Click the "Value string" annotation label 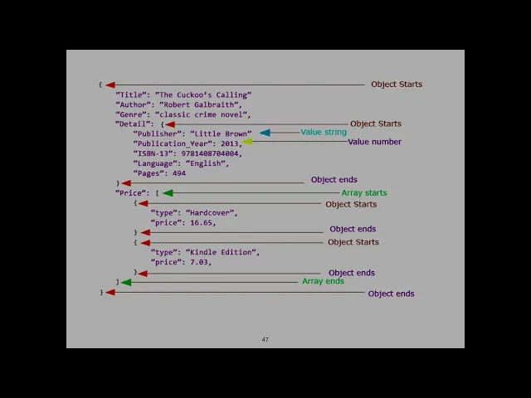(324, 133)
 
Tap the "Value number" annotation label (374, 142)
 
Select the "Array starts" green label (364, 193)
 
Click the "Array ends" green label (323, 282)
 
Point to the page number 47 (265, 340)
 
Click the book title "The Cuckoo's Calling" (203, 95)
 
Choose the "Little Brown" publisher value (221, 133)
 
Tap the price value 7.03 (199, 262)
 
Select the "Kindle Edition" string (222, 252)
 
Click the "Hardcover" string (212, 212)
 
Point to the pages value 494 (179, 173)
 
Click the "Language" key (156, 163)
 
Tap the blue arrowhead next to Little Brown (265, 133)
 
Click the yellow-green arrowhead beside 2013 (247, 142)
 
